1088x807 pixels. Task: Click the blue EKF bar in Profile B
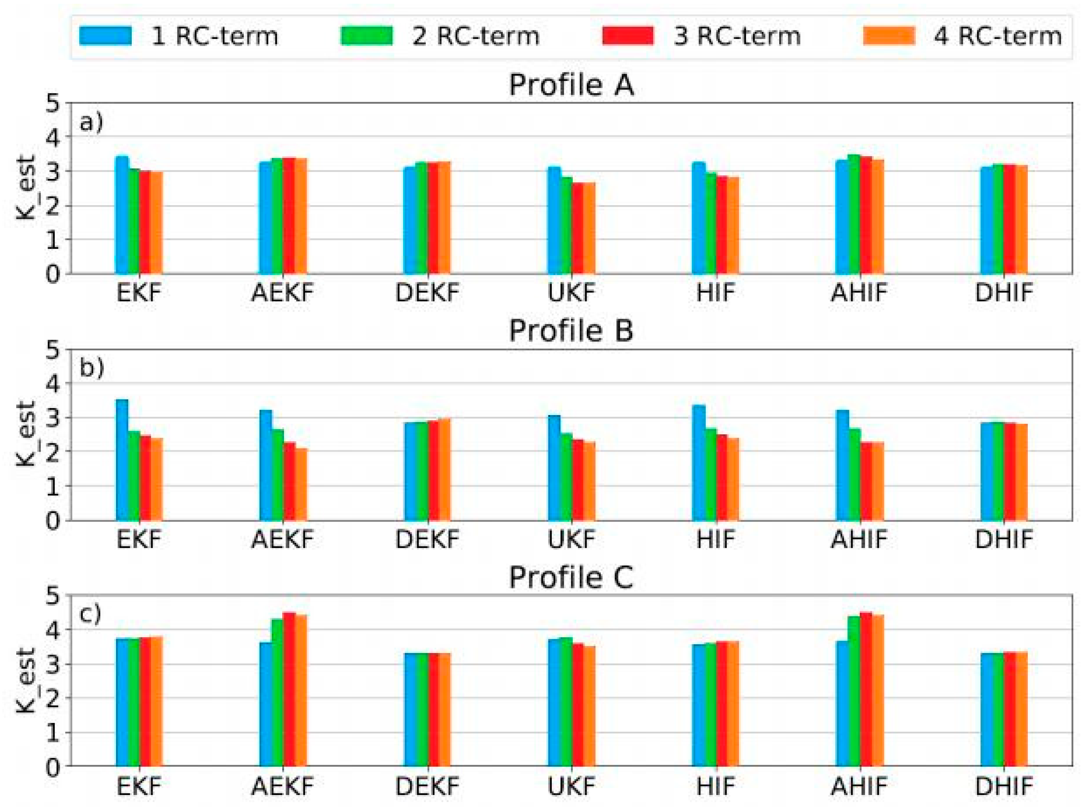click(122, 459)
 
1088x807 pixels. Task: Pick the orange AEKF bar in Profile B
click(301, 484)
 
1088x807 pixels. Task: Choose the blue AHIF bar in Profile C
click(842, 703)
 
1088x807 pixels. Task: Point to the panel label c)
click(91, 614)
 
